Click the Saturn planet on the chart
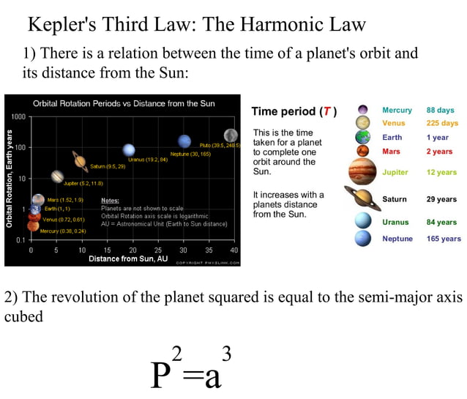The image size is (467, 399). click(x=79, y=160)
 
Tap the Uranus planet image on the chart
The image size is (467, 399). click(x=129, y=150)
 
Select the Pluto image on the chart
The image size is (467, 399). click(x=231, y=135)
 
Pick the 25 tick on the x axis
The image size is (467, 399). click(x=157, y=250)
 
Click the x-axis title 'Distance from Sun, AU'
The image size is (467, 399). click(x=128, y=258)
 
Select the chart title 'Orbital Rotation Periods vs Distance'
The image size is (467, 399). click(x=124, y=103)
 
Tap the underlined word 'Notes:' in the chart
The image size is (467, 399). click(x=110, y=201)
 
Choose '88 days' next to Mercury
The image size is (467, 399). click(x=440, y=111)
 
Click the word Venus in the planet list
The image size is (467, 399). click(x=393, y=123)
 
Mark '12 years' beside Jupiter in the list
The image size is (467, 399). click(x=441, y=173)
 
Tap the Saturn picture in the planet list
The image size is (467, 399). click(x=362, y=198)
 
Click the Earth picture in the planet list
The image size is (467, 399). click(x=363, y=137)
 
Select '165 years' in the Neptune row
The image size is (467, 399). click(x=444, y=239)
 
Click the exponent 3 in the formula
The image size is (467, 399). click(x=227, y=355)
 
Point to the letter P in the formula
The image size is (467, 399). click(x=162, y=375)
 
